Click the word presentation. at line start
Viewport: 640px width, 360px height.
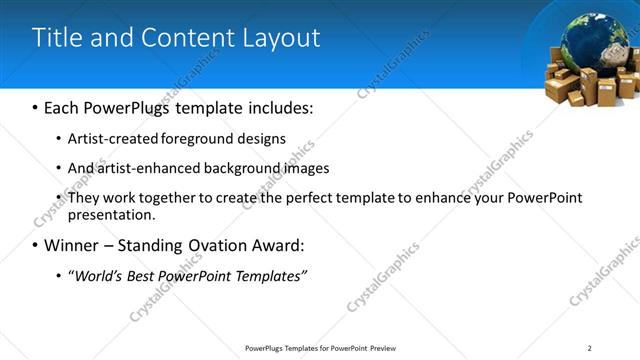(111, 214)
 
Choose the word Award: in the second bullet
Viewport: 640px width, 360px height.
(280, 245)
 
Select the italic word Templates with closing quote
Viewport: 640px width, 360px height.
(270, 275)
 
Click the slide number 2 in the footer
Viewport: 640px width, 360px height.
(590, 348)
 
